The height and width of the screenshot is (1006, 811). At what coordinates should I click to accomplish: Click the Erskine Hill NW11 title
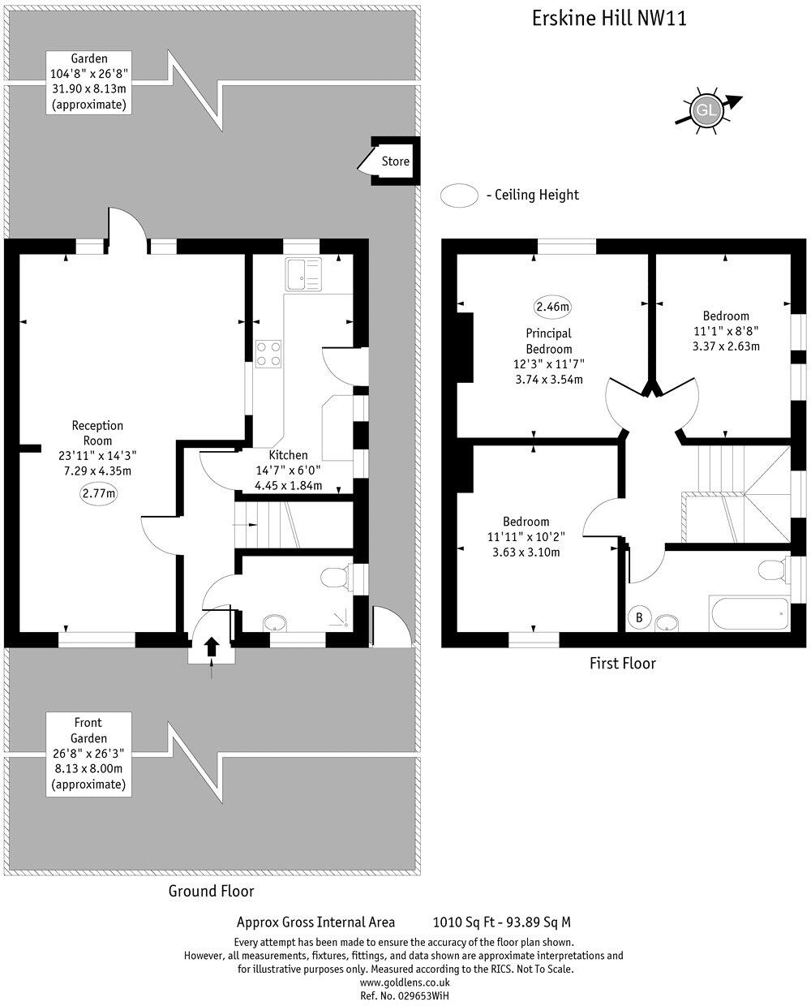[608, 19]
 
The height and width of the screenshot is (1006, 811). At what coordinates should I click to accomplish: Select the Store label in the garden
[396, 161]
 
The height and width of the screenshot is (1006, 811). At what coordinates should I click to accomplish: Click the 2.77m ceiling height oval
[98, 493]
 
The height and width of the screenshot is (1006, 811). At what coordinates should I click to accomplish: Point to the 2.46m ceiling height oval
[552, 307]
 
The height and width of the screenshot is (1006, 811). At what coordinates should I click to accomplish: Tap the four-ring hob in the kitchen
[269, 353]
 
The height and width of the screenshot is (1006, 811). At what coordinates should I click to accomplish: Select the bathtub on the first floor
[748, 614]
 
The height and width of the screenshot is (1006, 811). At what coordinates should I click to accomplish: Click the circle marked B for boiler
[639, 617]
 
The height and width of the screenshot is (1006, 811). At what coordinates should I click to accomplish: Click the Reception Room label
[97, 432]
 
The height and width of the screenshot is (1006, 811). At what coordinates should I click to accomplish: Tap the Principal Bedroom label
[549, 341]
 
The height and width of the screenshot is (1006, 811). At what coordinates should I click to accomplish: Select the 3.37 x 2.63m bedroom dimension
[726, 346]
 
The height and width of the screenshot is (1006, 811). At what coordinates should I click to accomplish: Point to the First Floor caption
[622, 663]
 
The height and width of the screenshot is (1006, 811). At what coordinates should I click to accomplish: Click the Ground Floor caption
[211, 891]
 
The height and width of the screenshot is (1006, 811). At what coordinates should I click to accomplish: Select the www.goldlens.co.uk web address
[404, 982]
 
